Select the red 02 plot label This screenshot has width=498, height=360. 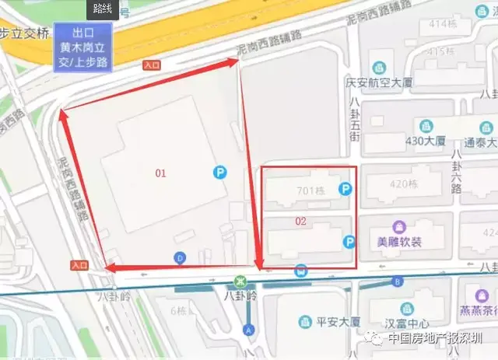tap(301, 222)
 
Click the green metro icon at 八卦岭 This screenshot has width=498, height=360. tap(242, 281)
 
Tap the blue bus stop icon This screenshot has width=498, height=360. tap(300, 271)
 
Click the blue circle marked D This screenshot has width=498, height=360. tap(181, 258)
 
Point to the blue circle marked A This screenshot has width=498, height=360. tap(249, 330)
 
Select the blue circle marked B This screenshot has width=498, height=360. tap(398, 281)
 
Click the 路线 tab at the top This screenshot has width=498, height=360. tap(101, 8)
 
